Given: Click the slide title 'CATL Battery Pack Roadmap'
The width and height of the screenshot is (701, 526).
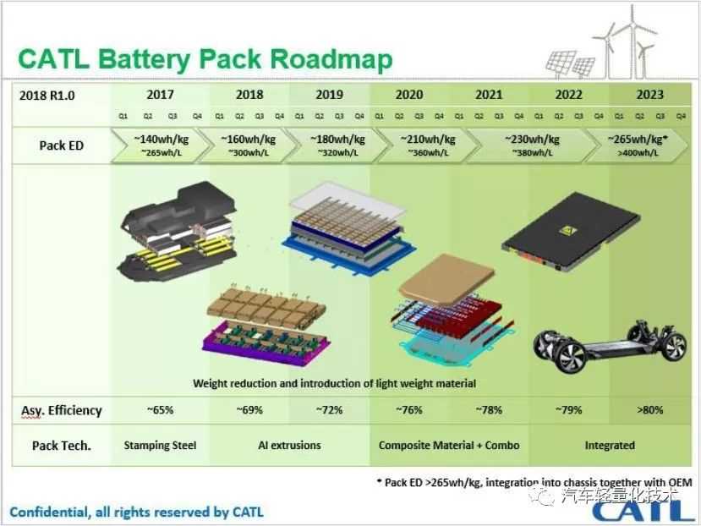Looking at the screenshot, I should point(205,59).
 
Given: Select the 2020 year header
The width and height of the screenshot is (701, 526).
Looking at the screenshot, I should point(408,95).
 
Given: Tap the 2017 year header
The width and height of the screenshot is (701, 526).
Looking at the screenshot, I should point(160,95).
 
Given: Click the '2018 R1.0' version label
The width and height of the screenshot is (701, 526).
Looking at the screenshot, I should point(47,96).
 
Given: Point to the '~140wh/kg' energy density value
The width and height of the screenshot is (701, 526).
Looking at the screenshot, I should point(159,140).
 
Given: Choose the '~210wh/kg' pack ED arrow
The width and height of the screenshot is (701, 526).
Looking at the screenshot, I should point(408,145).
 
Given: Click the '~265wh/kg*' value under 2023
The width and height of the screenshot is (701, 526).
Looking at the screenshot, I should point(639,140).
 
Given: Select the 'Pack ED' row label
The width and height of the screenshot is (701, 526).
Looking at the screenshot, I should point(61,145).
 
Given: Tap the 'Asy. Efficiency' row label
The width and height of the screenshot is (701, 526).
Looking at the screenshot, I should point(61,410).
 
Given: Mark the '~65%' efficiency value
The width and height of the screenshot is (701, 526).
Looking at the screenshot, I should point(160,410).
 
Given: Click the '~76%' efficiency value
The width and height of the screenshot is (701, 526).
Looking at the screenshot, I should point(408,410).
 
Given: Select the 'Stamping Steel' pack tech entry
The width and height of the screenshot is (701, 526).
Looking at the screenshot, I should point(160,445).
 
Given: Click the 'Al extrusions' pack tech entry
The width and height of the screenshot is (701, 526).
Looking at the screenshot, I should point(289,445).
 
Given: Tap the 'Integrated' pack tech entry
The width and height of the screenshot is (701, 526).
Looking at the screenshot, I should point(609,445).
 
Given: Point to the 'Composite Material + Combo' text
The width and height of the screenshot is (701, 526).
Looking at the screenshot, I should point(449,445).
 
